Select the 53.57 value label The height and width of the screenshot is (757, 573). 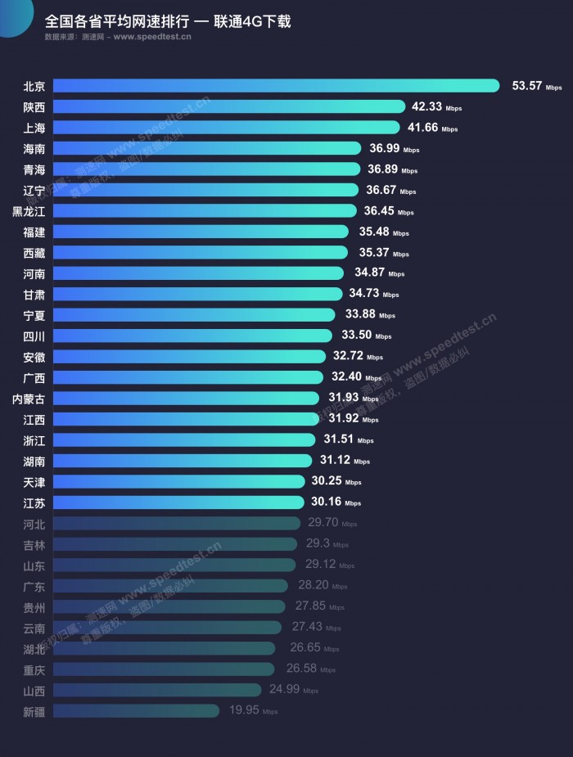[527, 85]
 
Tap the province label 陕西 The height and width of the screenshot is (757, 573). [34, 106]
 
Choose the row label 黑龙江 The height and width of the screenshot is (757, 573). [29, 211]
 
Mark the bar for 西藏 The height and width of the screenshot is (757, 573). [201, 253]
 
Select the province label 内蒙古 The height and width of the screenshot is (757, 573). [29, 399]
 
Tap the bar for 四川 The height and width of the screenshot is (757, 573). [193, 336]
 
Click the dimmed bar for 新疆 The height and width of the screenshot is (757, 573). [136, 710]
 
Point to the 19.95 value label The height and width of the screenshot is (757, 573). [243, 710]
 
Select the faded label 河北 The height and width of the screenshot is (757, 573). [34, 523]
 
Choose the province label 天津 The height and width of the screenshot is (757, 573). [34, 481]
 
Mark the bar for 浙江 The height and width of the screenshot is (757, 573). [183, 439]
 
